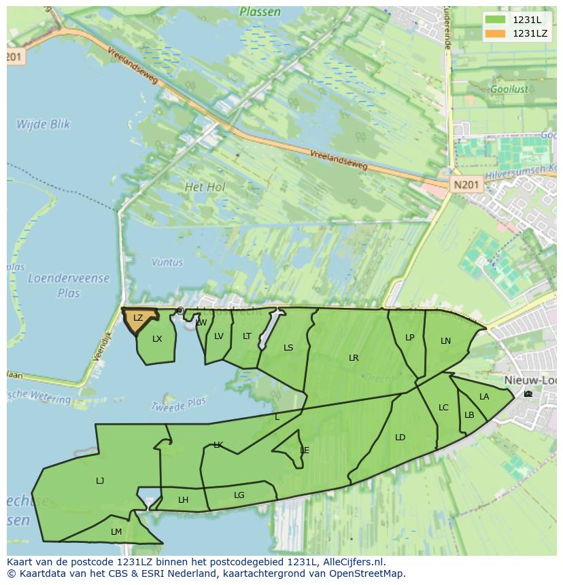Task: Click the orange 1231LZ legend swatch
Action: pyautogui.click(x=495, y=33)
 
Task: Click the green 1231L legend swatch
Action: pyautogui.click(x=495, y=20)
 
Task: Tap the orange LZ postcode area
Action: pyautogui.click(x=138, y=319)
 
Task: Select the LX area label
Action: pyautogui.click(x=157, y=339)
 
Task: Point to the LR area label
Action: pyautogui.click(x=354, y=358)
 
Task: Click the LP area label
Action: pyautogui.click(x=409, y=338)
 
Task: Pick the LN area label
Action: pyautogui.click(x=445, y=341)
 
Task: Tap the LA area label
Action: pyautogui.click(x=484, y=397)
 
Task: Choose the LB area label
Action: pyautogui.click(x=469, y=415)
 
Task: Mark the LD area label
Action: pyautogui.click(x=400, y=438)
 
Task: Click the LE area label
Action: pyautogui.click(x=305, y=450)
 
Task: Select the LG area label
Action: pyautogui.click(x=239, y=495)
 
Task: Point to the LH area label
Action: pyautogui.click(x=183, y=500)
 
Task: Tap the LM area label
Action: pyautogui.click(x=116, y=532)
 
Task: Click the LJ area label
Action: pyautogui.click(x=100, y=481)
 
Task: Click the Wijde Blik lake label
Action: pyautogui.click(x=43, y=124)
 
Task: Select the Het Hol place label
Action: pyautogui.click(x=205, y=186)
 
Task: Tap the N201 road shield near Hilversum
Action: pyautogui.click(x=466, y=184)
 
